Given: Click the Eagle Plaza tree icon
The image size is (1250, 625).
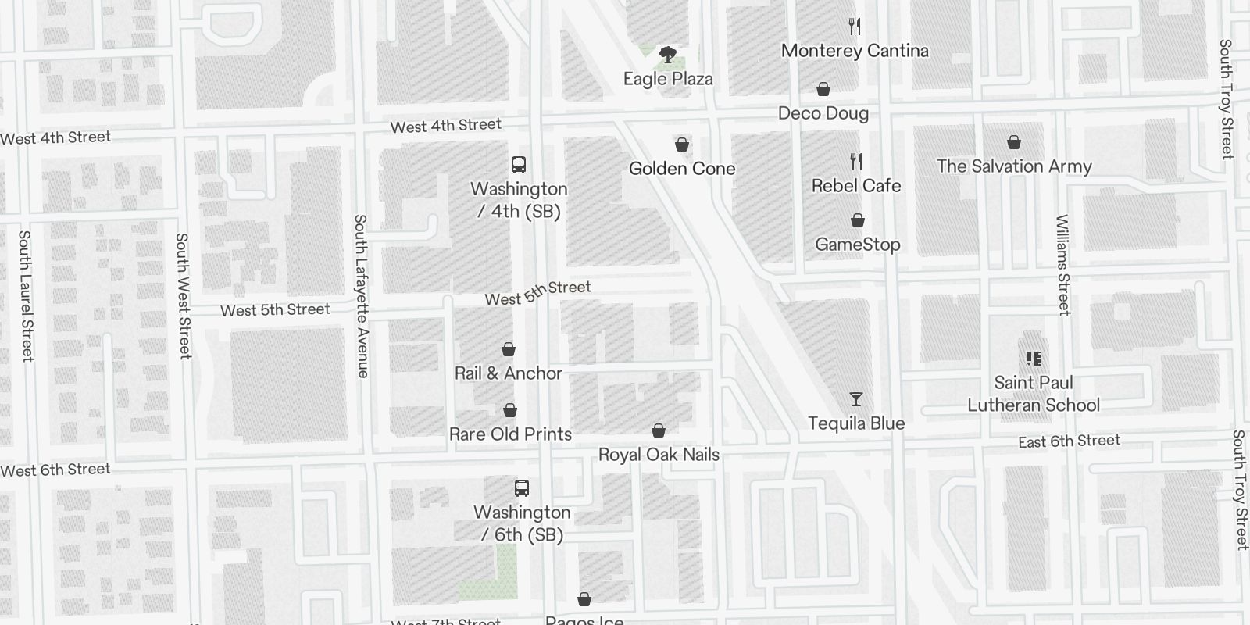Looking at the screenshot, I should pyautogui.click(x=668, y=55).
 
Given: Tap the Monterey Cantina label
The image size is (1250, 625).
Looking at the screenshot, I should pyautogui.click(x=855, y=51).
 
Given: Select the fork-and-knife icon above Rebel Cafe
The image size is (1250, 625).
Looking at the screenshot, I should pyautogui.click(x=856, y=162).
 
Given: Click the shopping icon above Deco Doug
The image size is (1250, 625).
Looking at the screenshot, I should pyautogui.click(x=823, y=90).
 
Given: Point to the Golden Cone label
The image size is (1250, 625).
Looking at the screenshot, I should pyautogui.click(x=682, y=168).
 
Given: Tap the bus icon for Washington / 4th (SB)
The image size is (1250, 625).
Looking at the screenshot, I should pyautogui.click(x=519, y=165).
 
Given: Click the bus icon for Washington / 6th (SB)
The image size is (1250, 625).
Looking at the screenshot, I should pyautogui.click(x=522, y=488).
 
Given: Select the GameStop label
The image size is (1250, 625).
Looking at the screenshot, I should pyautogui.click(x=857, y=245).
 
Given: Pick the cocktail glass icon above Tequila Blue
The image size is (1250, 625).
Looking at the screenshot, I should pyautogui.click(x=856, y=400).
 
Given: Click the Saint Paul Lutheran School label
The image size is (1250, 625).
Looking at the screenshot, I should pyautogui.click(x=1034, y=394).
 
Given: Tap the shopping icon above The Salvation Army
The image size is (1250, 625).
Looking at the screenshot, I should pyautogui.click(x=1014, y=142).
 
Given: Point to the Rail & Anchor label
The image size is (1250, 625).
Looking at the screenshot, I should pyautogui.click(x=509, y=373).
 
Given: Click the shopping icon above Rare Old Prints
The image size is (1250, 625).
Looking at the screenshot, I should pyautogui.click(x=510, y=411).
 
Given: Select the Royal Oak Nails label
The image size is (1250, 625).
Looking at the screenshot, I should pyautogui.click(x=659, y=455).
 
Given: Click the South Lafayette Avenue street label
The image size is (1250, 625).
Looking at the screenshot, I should pyautogui.click(x=361, y=296).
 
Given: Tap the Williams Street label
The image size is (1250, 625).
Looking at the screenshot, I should pyautogui.click(x=1062, y=265).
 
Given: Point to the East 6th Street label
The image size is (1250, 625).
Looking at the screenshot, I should pyautogui.click(x=1069, y=441).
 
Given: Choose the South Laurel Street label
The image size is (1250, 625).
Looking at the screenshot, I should pyautogui.click(x=27, y=295).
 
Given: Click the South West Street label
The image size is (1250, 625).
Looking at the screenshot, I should pyautogui.click(x=184, y=295).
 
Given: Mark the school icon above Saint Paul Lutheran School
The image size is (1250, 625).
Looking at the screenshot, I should pyautogui.click(x=1034, y=359).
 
